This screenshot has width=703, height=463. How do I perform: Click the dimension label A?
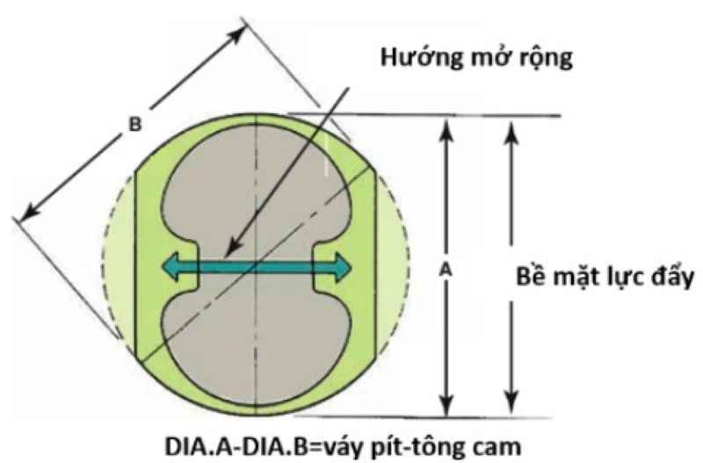pos(446,273)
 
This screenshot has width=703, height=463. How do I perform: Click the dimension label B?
pos(134,125)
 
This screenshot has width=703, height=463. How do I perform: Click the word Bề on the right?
pos(532,278)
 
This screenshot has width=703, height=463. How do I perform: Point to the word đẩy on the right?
pos(671,278)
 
